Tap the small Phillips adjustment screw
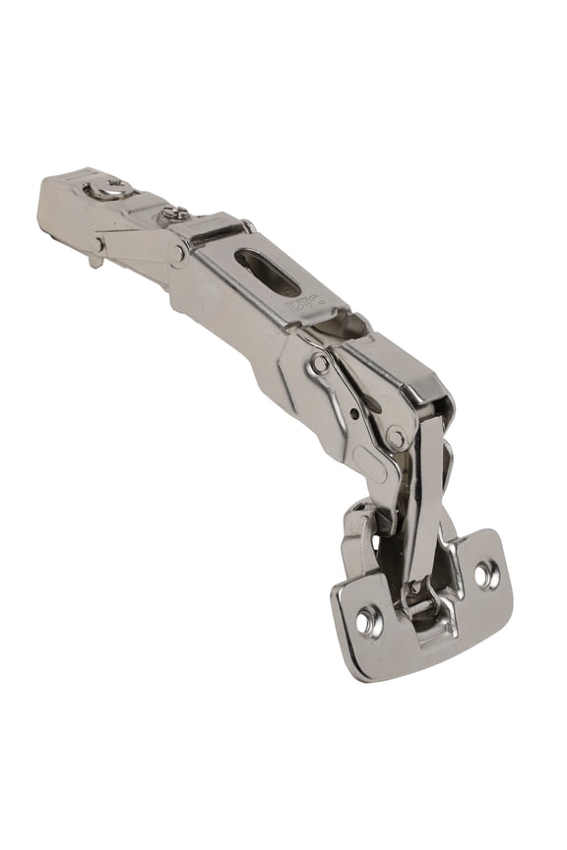tap(175, 212)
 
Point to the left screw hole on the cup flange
tap(368, 620)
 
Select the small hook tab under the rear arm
tap(95, 258)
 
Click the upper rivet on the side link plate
tap(319, 363)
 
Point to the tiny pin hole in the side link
tap(352, 413)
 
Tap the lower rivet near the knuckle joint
tap(396, 437)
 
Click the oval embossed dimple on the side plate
tap(371, 463)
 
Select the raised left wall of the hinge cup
tap(357, 536)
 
